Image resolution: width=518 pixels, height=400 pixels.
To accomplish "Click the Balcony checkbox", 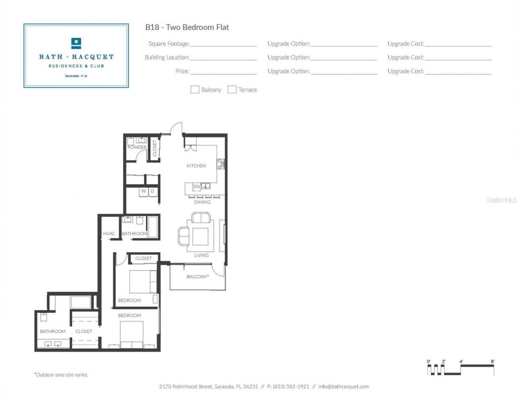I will click(x=195, y=89).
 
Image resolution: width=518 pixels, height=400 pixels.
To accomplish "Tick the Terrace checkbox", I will click(x=232, y=89).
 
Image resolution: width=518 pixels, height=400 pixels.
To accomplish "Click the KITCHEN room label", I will click(x=196, y=166).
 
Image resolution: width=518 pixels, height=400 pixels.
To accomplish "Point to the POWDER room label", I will click(x=137, y=147).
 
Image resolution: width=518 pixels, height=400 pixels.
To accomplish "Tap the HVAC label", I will click(x=109, y=233).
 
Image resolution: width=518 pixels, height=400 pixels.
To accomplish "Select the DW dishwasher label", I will click(x=196, y=186).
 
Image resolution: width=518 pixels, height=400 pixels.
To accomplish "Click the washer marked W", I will click(x=143, y=191).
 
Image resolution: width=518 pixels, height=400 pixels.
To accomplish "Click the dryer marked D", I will click(x=153, y=191).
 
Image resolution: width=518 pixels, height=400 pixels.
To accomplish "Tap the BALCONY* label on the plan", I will click(x=197, y=277).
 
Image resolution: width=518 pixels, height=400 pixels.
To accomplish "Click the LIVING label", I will click(x=201, y=255).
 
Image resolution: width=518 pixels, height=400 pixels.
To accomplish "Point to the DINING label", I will click(x=202, y=202).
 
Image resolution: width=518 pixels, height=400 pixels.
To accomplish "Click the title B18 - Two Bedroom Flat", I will click(x=187, y=27).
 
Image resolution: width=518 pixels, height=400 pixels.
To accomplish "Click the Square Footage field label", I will click(x=168, y=44).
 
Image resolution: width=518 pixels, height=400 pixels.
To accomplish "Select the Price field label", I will click(x=182, y=71).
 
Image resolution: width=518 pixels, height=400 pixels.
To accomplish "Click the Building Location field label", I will click(x=167, y=57).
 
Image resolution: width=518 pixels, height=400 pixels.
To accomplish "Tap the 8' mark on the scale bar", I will click(x=493, y=362).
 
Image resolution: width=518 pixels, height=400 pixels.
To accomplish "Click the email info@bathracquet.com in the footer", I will click(x=344, y=386).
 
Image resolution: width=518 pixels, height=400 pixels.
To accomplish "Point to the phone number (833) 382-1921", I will click(x=291, y=386).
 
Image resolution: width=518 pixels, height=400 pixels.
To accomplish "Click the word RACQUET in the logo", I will click(x=93, y=57).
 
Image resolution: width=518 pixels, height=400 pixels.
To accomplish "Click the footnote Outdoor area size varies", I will click(x=61, y=375).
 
